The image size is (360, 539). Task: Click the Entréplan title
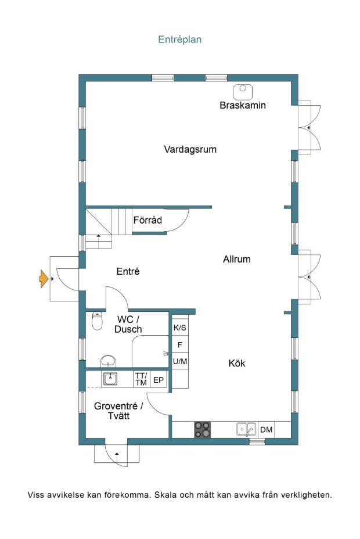[x=179, y=39]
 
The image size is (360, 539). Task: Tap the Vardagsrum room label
[x=190, y=149]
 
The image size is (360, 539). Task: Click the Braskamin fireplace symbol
[x=243, y=92]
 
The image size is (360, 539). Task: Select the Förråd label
[x=147, y=220]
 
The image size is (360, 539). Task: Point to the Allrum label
[x=237, y=259]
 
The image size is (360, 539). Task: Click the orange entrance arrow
[x=44, y=279]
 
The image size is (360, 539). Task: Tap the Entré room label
[x=128, y=272]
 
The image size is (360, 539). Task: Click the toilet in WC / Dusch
[x=98, y=321]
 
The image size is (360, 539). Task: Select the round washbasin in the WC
[x=108, y=361]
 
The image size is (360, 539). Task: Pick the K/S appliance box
[x=180, y=328]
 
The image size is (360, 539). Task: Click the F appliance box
[x=180, y=344]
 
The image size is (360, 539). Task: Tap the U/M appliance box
[x=180, y=361]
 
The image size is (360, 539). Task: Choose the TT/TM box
[x=141, y=379]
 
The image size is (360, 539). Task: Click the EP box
[x=159, y=380]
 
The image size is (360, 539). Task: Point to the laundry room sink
[x=110, y=379]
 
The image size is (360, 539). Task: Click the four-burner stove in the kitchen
[x=203, y=430]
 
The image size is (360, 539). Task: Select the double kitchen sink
[x=247, y=429]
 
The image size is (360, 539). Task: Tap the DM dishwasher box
[x=266, y=430]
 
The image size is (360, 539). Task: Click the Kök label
[x=237, y=364]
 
